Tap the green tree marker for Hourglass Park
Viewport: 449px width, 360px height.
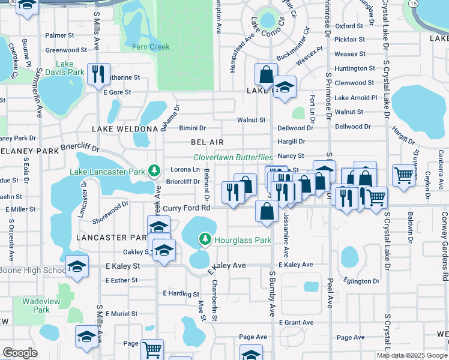point(205,240)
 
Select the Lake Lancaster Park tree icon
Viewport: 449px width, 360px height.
point(154,172)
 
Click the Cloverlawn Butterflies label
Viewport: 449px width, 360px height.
point(233,157)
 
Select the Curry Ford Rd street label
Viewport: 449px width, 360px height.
point(187,208)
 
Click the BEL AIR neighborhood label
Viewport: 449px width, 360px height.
point(207,142)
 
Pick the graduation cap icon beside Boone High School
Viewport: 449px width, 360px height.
point(77,267)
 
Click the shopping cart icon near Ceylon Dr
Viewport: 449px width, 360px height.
point(404,176)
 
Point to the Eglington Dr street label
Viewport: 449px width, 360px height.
point(362,281)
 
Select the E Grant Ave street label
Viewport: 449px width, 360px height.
point(297,323)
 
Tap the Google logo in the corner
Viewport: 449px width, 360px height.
point(20,353)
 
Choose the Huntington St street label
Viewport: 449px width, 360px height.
point(355,68)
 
